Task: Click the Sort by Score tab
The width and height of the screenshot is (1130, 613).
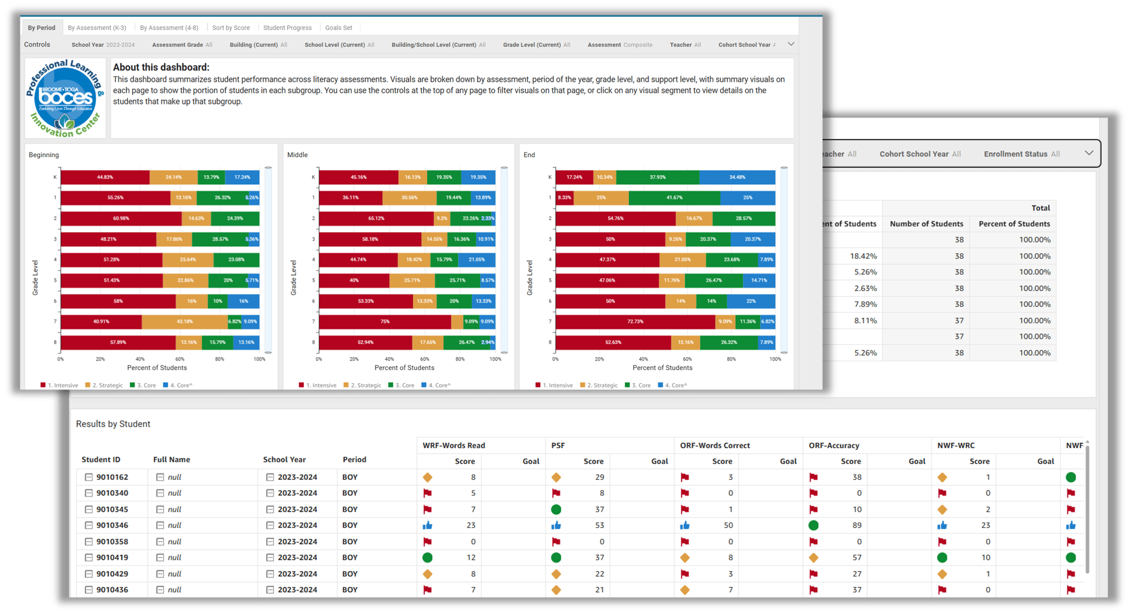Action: [x=231, y=28]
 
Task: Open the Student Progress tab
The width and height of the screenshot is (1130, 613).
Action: [x=287, y=28]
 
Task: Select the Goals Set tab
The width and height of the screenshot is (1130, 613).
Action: [x=338, y=28]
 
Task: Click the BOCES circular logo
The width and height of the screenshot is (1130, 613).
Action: [x=66, y=98]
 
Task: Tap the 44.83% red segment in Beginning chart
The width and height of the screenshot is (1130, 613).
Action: [x=105, y=177]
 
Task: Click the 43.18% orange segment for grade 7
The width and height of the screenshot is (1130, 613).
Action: [x=185, y=321]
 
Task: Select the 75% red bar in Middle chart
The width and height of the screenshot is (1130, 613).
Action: [x=385, y=321]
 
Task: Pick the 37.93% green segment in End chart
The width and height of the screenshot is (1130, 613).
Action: [x=658, y=177]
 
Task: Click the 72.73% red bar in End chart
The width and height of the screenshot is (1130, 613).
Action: [x=635, y=321]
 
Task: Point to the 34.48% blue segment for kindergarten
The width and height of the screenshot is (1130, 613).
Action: [x=737, y=177]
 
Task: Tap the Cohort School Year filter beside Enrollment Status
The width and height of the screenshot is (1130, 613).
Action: [x=920, y=154]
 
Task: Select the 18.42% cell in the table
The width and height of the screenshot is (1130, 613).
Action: [x=863, y=256]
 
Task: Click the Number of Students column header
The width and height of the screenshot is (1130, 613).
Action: [x=926, y=224]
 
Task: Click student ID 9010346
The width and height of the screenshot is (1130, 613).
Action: [x=112, y=525]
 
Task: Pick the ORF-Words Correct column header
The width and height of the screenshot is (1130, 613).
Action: [x=715, y=445]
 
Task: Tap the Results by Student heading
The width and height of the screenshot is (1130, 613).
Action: [x=113, y=424]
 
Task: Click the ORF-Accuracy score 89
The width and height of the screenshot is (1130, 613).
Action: [x=857, y=525]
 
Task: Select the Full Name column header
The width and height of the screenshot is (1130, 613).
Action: [x=171, y=459]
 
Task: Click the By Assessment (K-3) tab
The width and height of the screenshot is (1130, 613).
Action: [x=97, y=28]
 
